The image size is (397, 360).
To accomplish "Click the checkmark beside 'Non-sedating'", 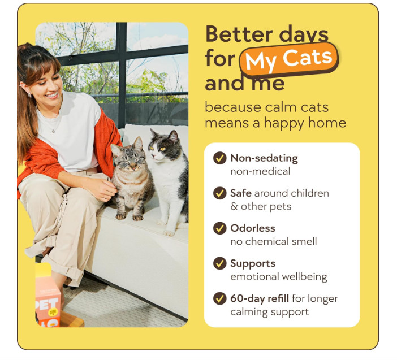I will pos(220,158).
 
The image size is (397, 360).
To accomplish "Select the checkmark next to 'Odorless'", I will pos(220,228).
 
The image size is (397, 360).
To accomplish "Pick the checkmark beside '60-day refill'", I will pos(220,298).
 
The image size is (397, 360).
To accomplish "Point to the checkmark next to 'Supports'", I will pos(220,263).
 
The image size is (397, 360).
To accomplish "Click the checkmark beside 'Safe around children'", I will pos(220,193).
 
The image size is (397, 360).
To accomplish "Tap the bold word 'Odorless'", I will pos(252,228).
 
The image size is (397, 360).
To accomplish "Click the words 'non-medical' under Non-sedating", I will pos(260,171).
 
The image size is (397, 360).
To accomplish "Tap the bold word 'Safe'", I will pos(240,193).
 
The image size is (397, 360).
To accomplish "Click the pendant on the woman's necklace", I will pos(53,131).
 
